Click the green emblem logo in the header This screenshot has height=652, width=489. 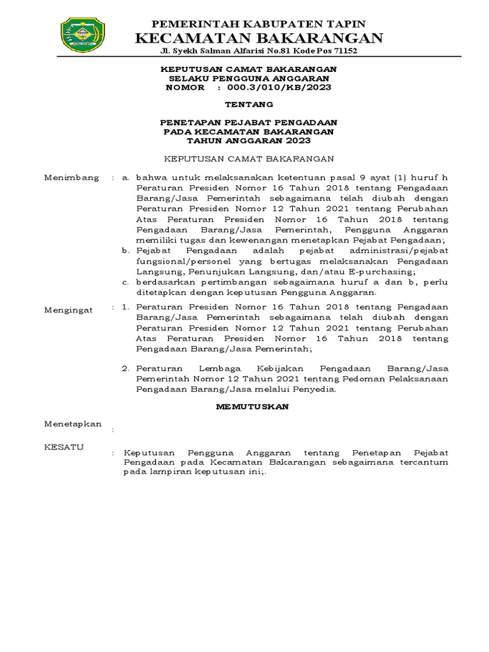tap(82, 36)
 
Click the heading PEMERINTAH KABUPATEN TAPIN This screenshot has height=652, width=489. tap(259, 24)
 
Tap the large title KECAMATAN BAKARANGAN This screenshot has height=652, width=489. tap(259, 38)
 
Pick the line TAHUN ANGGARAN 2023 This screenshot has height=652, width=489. tap(248, 140)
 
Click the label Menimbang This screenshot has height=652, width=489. tap(71, 178)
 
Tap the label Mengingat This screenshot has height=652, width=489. tap(68, 309)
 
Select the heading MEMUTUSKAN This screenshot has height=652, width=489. tap(252, 406)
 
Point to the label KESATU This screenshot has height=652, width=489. tap(63, 447)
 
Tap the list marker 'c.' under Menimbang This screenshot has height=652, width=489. tap(125, 281)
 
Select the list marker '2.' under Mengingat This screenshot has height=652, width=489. tap(125, 368)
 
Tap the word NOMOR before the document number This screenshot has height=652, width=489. tap(185, 87)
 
